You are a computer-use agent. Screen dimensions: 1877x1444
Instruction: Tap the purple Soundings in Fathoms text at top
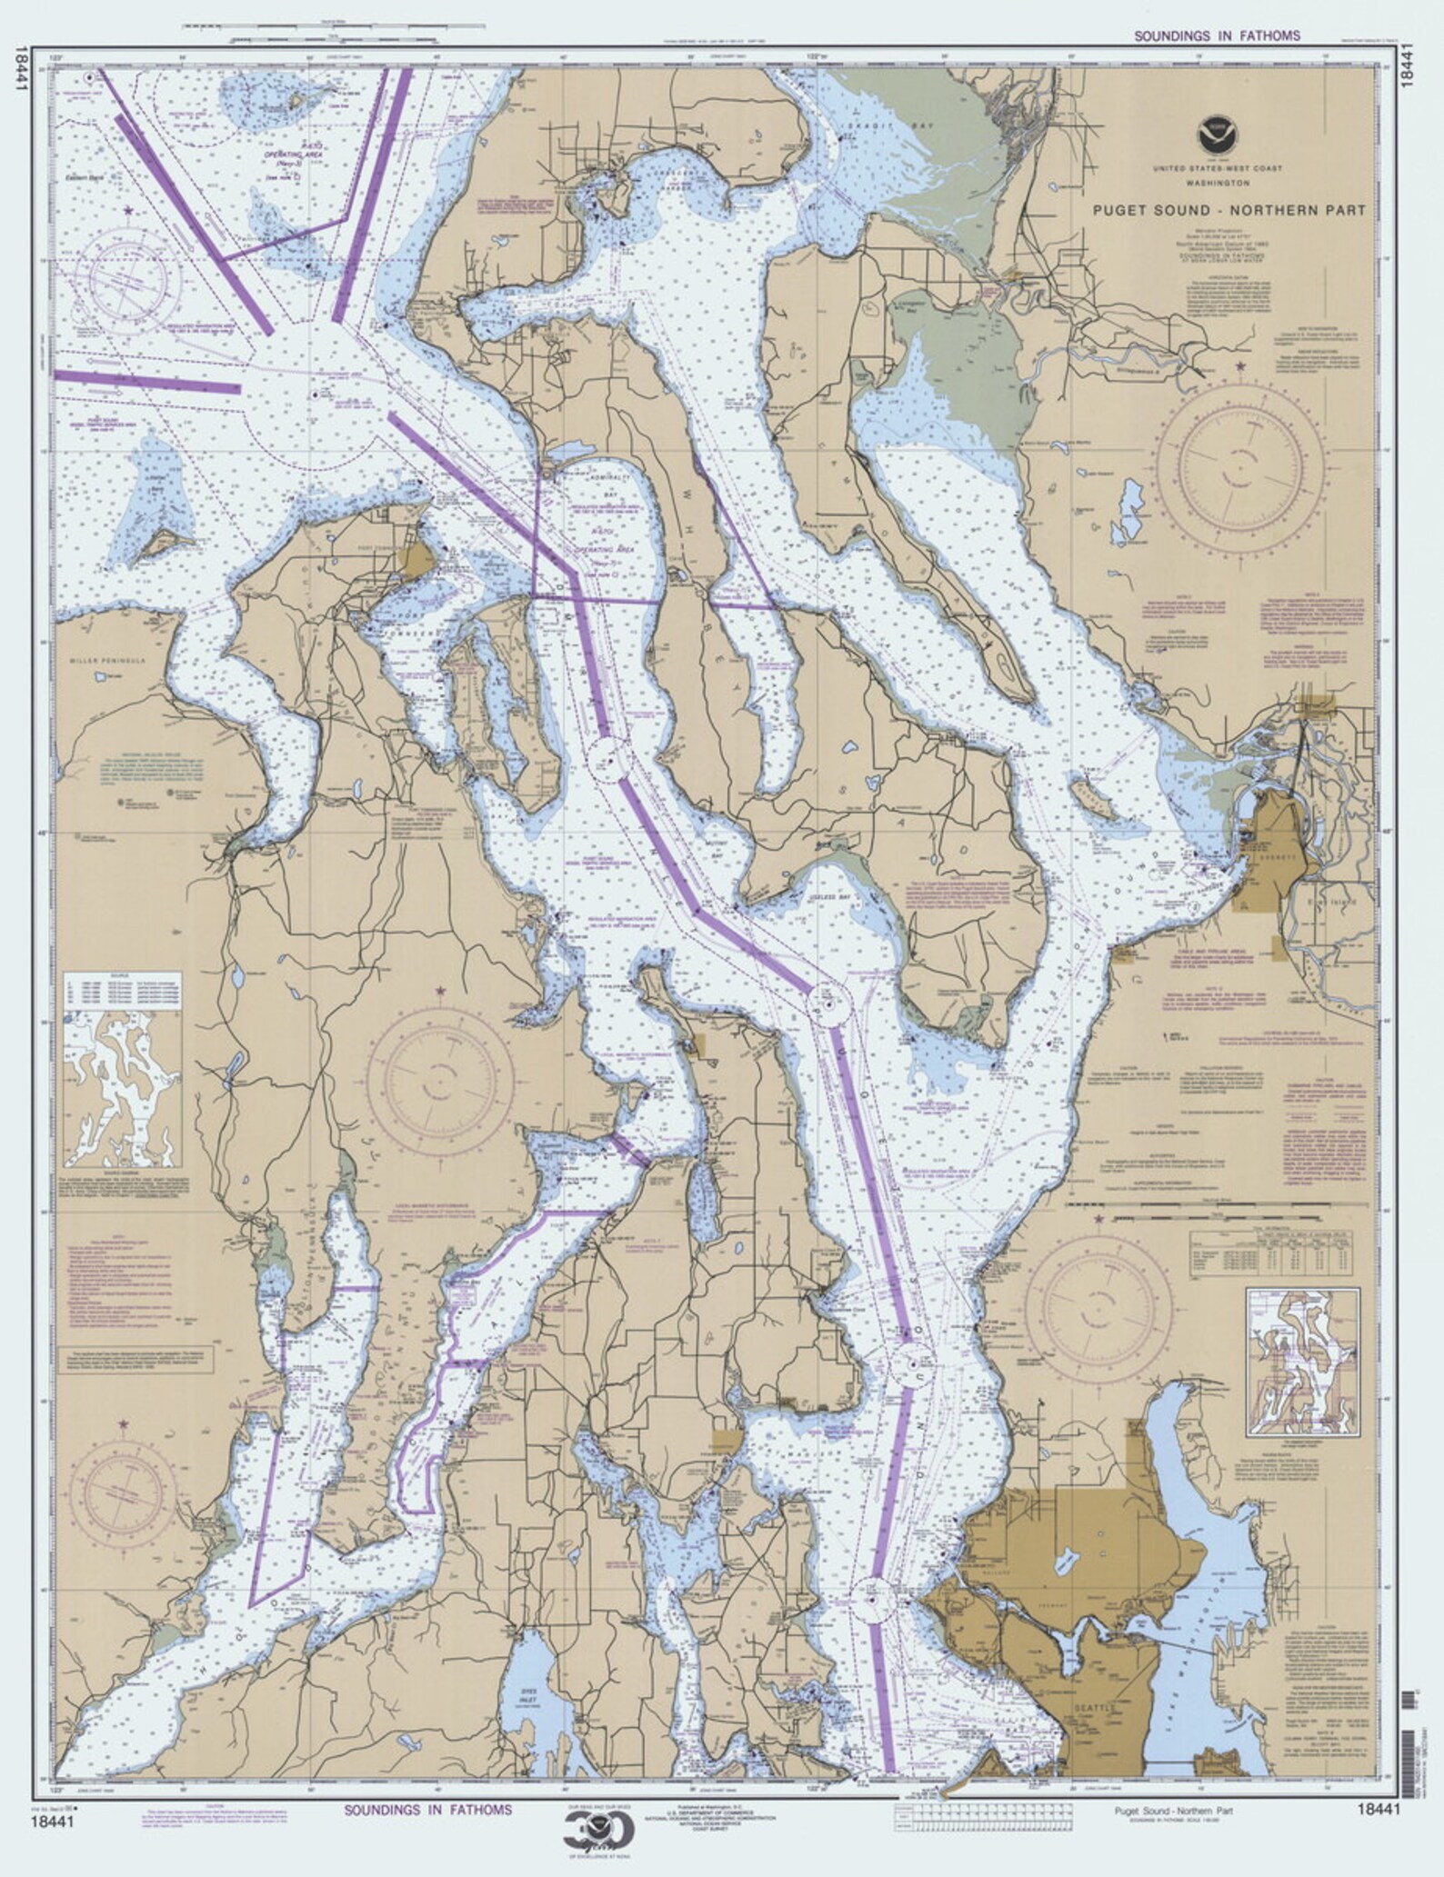tap(1217, 36)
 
